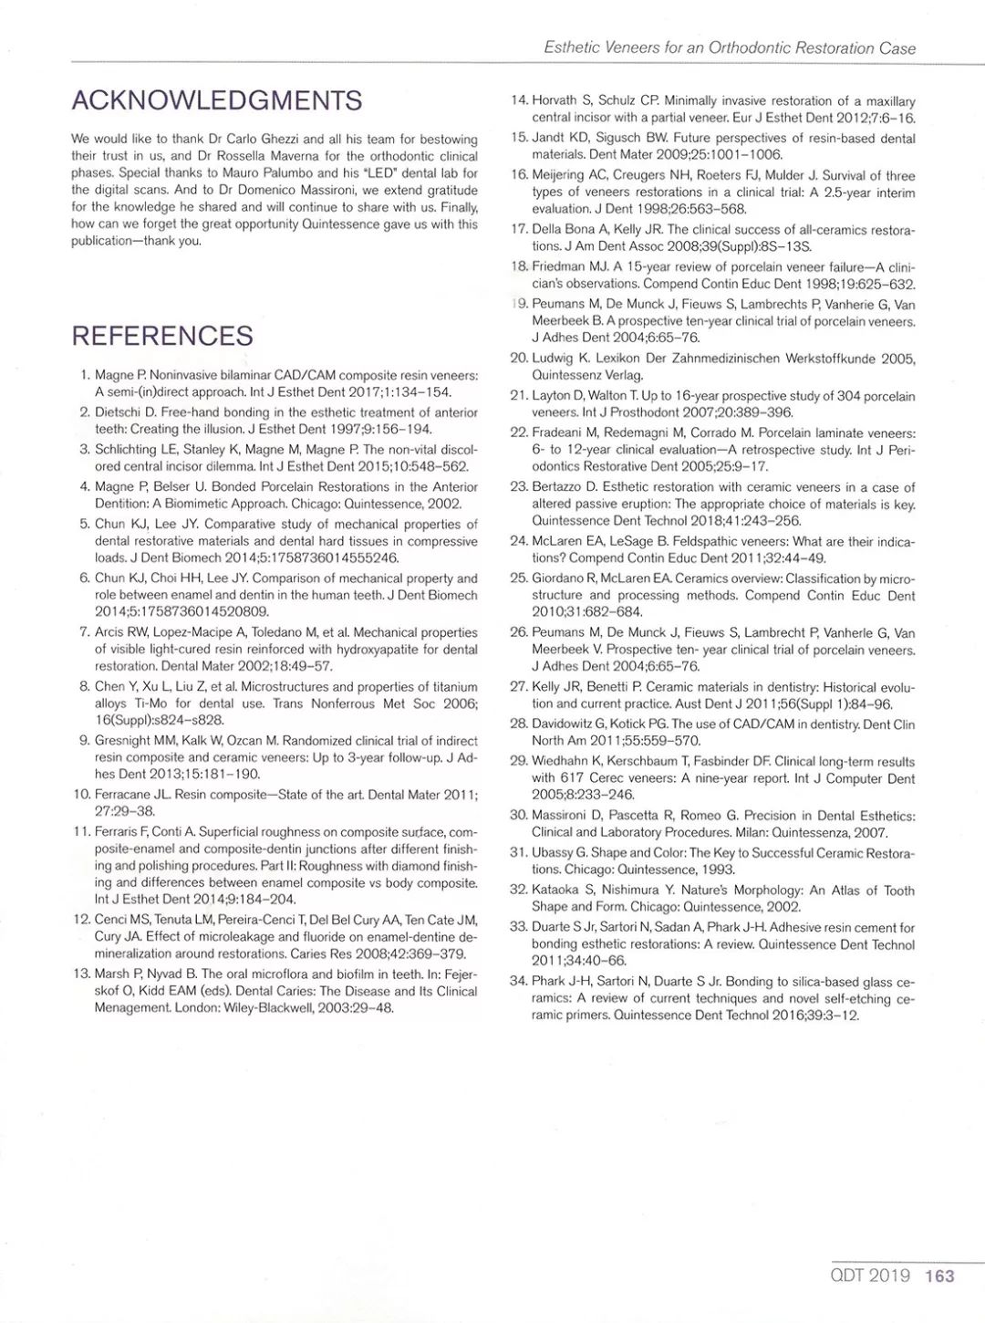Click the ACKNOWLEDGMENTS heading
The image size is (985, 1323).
click(216, 100)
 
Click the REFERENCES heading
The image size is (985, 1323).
click(162, 336)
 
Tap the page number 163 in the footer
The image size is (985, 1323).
click(938, 1276)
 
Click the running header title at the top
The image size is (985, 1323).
click(730, 47)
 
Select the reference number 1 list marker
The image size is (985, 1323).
click(84, 376)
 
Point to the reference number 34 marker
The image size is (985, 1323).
click(518, 982)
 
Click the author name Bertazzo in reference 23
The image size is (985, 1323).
click(558, 487)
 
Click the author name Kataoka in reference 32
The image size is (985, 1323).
click(557, 890)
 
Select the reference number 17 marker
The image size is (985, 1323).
click(518, 230)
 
